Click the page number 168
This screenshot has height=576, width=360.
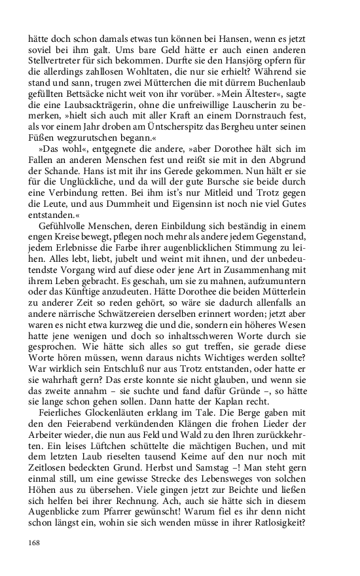[x=35, y=543]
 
